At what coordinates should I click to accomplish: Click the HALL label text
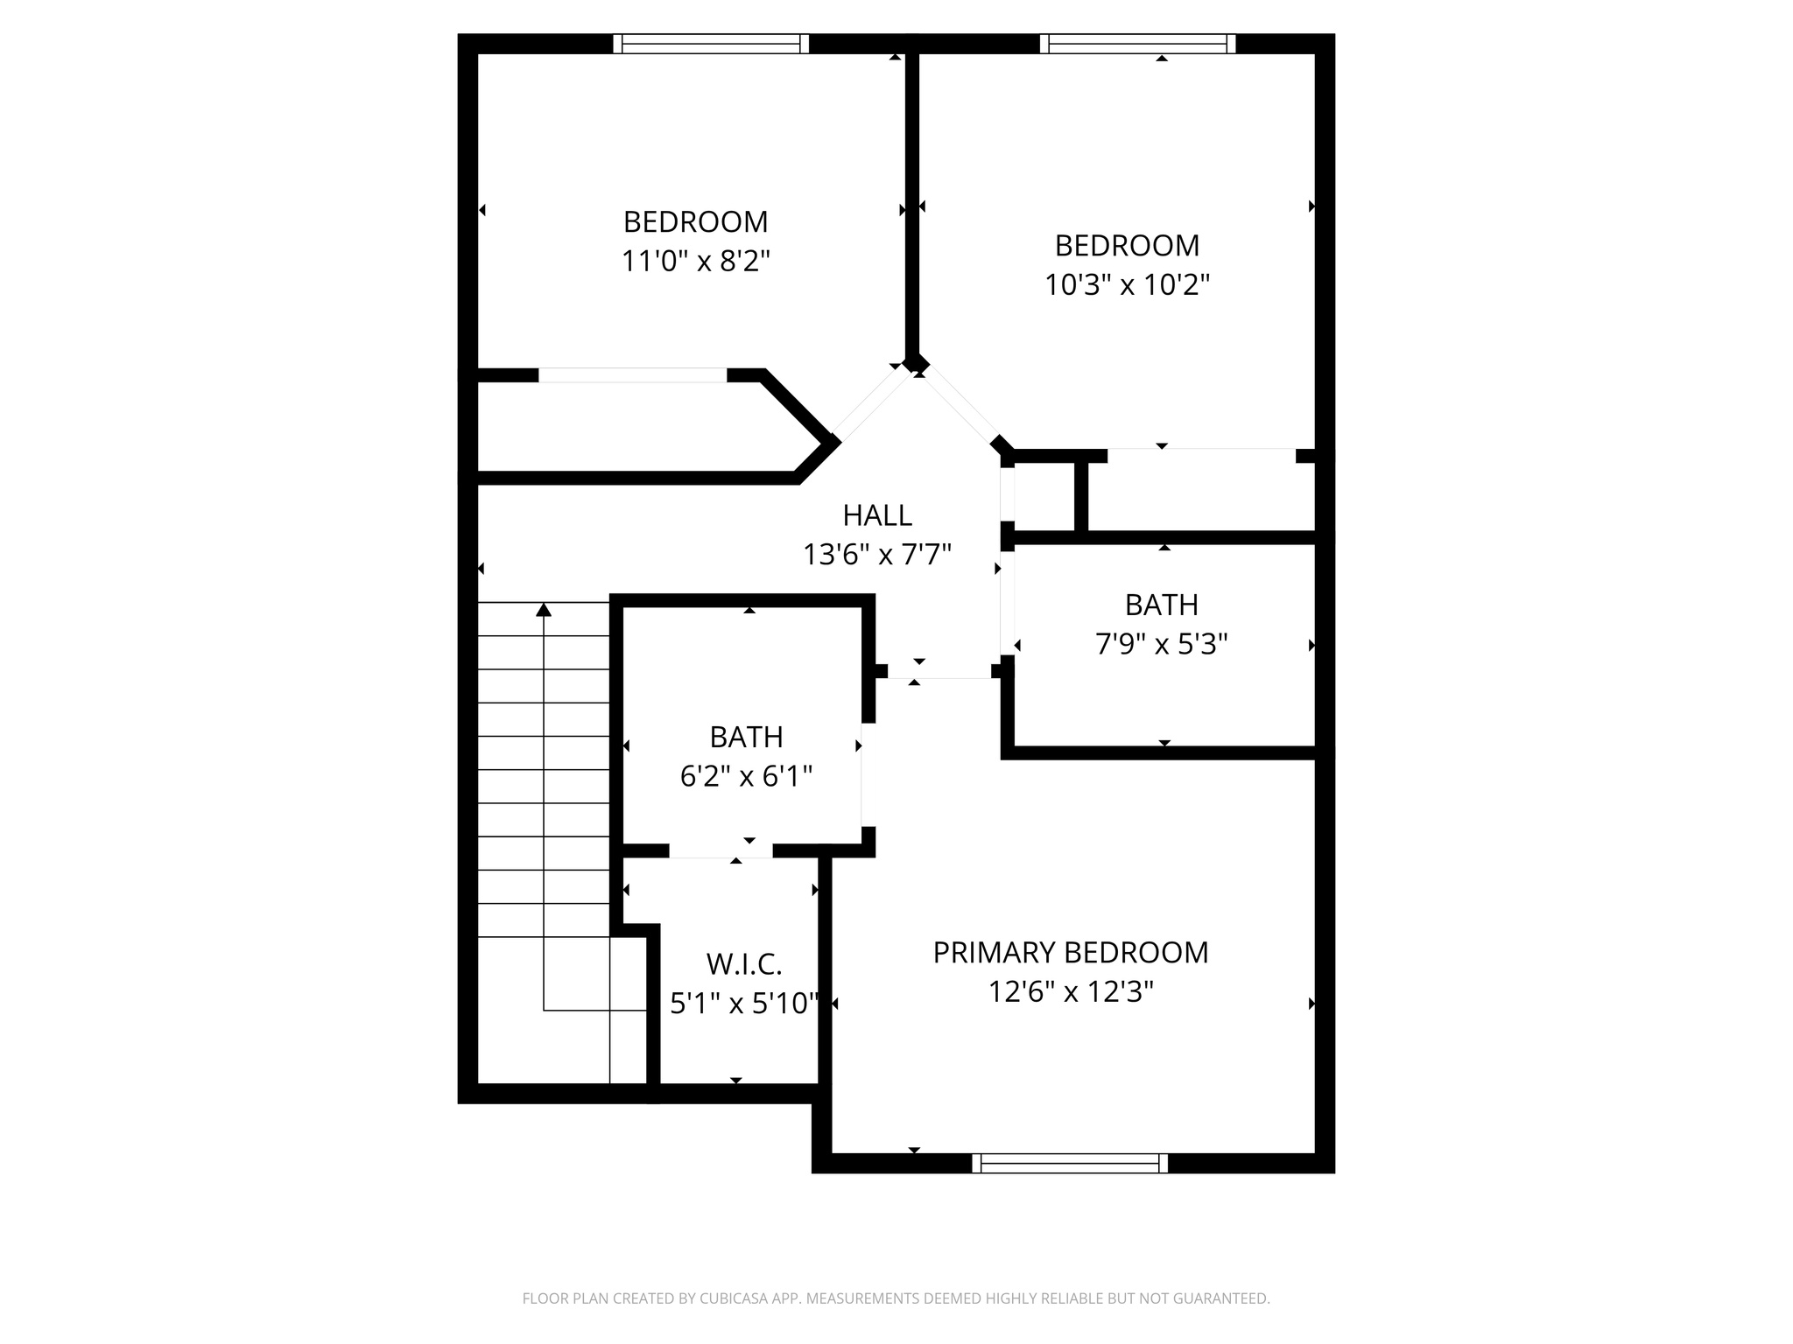[877, 515]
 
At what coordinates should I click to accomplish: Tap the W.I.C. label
[744, 964]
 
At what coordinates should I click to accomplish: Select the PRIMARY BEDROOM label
[1070, 952]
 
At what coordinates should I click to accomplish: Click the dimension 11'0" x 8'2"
[695, 261]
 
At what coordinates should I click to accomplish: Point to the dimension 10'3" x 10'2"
[1127, 284]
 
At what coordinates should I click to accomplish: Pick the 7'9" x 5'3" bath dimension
[1161, 644]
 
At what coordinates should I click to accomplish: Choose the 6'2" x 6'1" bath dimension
[746, 775]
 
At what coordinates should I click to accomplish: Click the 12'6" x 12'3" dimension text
[1070, 991]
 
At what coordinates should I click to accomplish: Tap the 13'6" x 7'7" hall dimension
[877, 554]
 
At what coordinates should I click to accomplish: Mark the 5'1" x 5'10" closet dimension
[744, 1003]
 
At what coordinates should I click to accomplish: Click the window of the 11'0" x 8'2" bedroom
[711, 44]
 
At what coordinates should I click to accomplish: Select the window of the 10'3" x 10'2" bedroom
[1137, 44]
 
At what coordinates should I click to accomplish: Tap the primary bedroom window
[1070, 1163]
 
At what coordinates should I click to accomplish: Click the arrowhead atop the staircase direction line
[544, 609]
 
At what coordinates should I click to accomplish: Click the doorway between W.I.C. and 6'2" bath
[721, 850]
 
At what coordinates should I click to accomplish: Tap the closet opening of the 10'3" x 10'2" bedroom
[1201, 456]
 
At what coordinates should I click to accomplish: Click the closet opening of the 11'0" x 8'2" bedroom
[632, 375]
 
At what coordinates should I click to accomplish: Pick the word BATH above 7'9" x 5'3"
[1161, 605]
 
